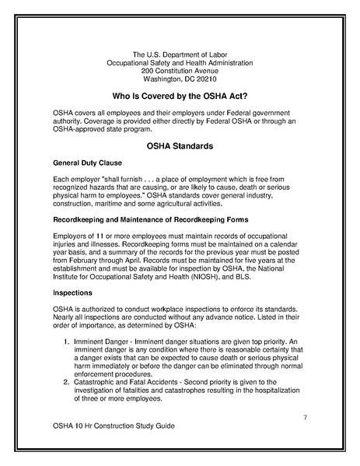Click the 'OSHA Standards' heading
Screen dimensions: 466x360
pos(180,145)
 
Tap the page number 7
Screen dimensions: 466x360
pos(306,419)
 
